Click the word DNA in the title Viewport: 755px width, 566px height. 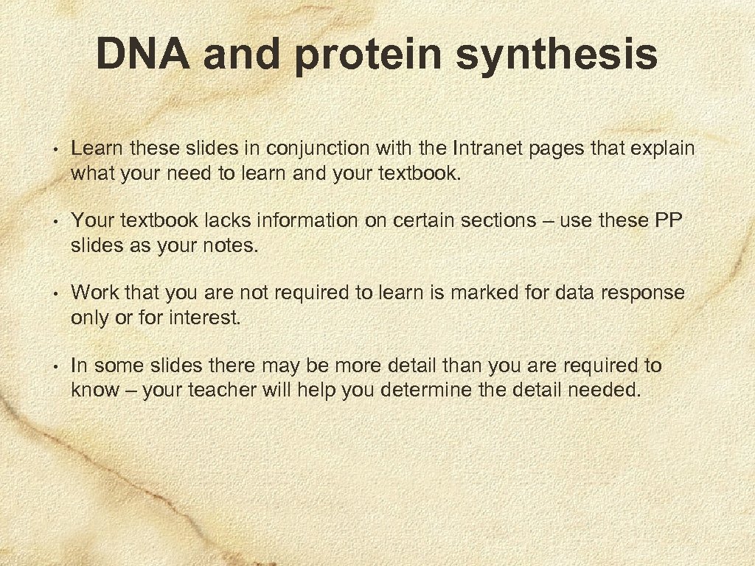tap(142, 55)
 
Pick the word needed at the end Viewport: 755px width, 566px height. tap(604, 390)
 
